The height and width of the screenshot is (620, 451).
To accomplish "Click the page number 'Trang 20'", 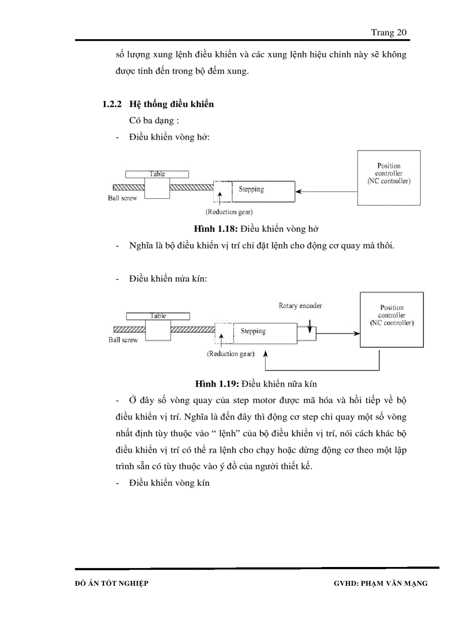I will click(x=389, y=33).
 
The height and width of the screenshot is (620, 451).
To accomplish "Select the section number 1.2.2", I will click(x=112, y=104).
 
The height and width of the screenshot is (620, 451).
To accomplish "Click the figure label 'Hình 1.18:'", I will click(x=215, y=228).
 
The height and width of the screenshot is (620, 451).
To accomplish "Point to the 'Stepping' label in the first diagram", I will click(x=251, y=189).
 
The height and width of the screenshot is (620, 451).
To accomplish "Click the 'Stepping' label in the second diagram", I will click(x=253, y=331).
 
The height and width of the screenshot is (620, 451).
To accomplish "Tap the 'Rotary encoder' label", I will click(x=300, y=305).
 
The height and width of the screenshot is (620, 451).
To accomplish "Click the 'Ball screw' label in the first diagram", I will click(x=122, y=198).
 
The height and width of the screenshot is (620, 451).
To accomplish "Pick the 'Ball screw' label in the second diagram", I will click(x=123, y=340).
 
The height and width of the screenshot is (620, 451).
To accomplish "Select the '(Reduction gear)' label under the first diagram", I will click(x=229, y=212).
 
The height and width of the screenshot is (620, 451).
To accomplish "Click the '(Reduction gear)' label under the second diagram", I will click(x=230, y=354).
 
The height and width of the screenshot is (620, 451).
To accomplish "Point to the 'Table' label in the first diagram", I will click(x=158, y=174).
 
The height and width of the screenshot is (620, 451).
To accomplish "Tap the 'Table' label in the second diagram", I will click(x=159, y=316).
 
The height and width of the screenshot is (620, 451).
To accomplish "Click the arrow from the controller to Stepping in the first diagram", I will click(x=326, y=192).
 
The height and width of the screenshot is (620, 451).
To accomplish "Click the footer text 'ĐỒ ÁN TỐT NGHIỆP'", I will click(x=112, y=584).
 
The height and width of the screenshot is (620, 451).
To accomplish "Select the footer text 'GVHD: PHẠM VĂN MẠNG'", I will click(x=381, y=584).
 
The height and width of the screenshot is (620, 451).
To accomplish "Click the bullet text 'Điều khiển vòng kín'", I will click(x=169, y=483).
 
